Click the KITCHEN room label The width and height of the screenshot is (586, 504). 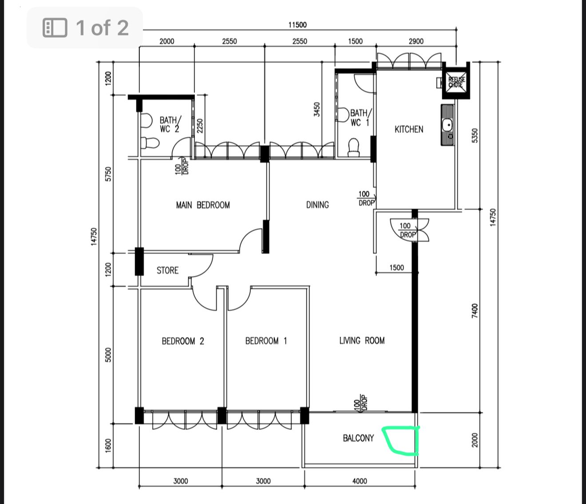(x=409, y=129)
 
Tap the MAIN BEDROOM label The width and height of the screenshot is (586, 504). (x=203, y=205)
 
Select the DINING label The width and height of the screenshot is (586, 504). (x=317, y=205)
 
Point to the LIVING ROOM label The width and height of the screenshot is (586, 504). (x=362, y=340)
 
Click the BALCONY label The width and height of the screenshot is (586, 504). (x=358, y=438)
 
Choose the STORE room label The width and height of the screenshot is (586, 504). (x=167, y=270)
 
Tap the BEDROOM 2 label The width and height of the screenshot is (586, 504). (x=183, y=341)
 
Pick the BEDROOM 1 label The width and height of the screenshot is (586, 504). (x=266, y=340)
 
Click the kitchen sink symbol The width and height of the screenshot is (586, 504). (x=447, y=125)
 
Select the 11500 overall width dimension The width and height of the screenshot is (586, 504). (x=298, y=25)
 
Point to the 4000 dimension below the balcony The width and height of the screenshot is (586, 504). (x=360, y=481)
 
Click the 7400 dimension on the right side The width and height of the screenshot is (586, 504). (x=475, y=311)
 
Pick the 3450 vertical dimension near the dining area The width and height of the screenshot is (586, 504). (x=317, y=109)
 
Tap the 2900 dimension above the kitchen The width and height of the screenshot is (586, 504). (x=416, y=41)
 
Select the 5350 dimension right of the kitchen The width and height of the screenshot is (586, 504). (x=475, y=136)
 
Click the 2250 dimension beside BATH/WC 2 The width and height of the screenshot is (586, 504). (x=200, y=126)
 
